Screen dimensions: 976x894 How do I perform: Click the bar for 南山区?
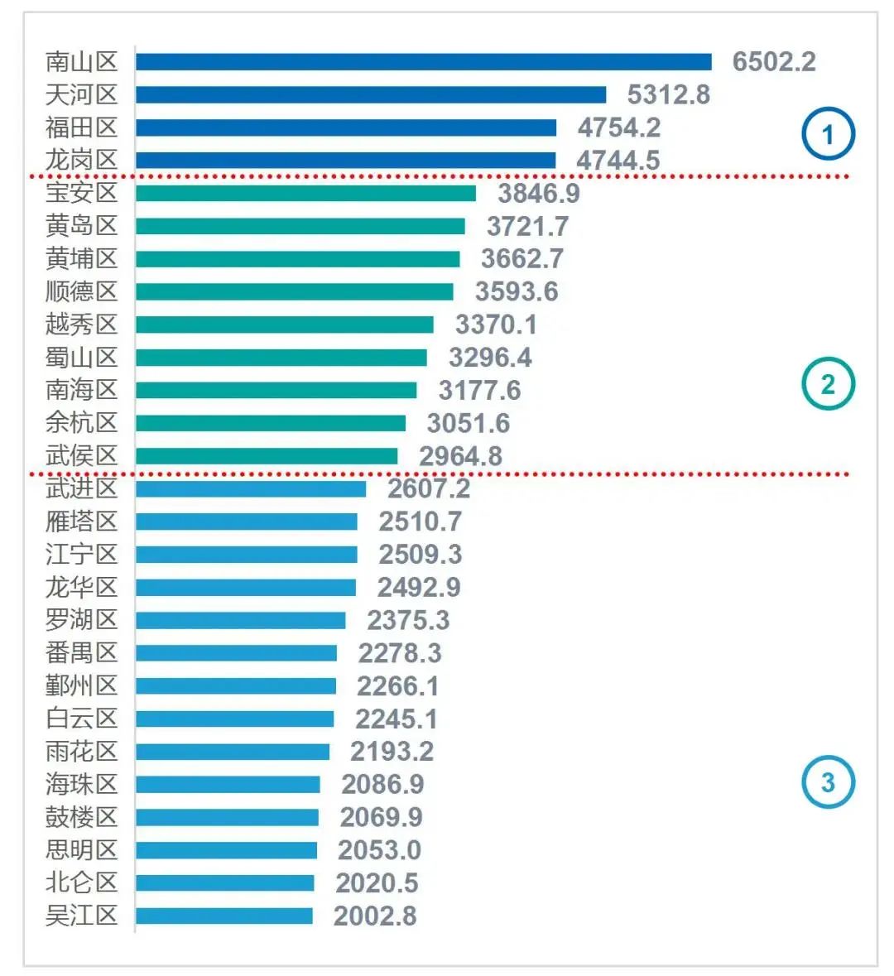(423, 62)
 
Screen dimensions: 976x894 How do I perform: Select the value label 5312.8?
(668, 95)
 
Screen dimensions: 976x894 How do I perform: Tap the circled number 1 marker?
(827, 133)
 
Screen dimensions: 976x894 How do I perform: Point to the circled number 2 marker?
(827, 384)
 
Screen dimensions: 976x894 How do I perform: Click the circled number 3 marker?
(827, 782)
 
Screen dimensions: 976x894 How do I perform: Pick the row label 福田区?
(81, 127)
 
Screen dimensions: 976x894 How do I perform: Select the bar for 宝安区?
(305, 193)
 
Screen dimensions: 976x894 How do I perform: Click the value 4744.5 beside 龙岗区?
(618, 160)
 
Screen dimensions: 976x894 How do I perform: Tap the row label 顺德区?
(81, 291)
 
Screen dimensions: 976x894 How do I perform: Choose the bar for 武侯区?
(267, 456)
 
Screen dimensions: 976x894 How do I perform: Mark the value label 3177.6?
(479, 390)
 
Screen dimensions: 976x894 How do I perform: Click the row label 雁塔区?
(81, 522)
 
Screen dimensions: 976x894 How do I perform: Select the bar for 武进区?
(251, 488)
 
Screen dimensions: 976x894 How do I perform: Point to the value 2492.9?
(419, 587)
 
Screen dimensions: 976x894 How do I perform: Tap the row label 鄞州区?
(81, 685)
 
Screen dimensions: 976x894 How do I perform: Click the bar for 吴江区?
(224, 916)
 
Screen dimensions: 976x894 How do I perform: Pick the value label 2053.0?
(379, 850)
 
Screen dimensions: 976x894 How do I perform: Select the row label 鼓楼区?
(81, 817)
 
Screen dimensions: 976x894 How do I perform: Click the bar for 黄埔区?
(297, 259)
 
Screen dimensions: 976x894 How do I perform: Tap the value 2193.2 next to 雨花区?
(392, 752)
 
